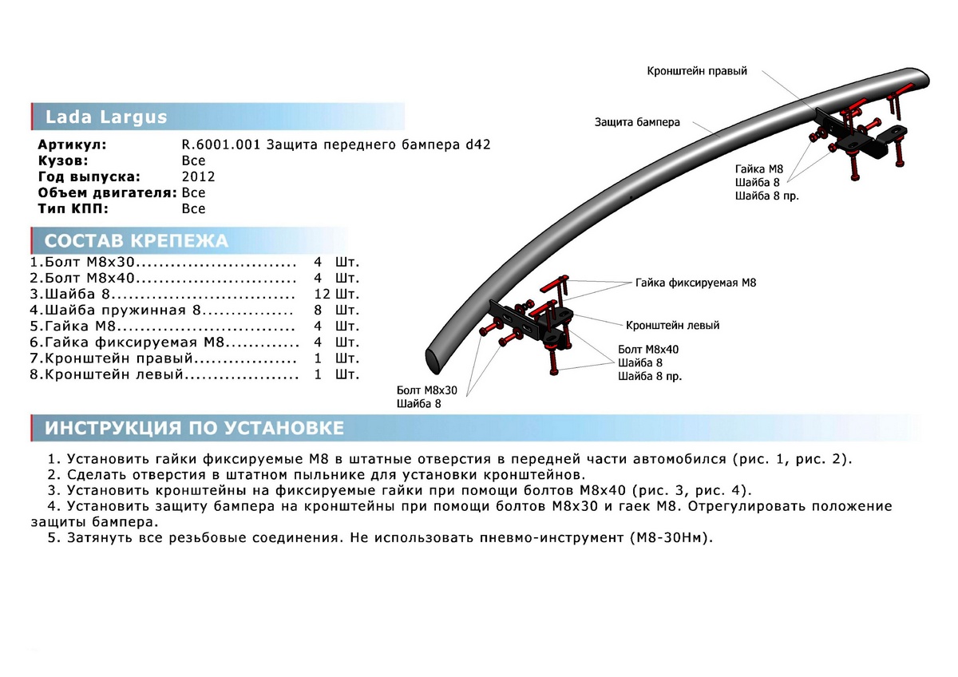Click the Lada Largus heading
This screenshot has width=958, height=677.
click(106, 117)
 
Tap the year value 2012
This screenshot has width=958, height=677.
click(198, 176)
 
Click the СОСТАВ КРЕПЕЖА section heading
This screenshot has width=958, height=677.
click(136, 241)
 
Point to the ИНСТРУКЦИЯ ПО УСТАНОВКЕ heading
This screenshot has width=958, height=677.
click(194, 428)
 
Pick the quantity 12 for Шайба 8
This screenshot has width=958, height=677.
click(323, 293)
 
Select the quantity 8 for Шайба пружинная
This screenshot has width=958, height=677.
click(318, 310)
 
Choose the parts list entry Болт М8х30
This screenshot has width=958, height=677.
click(84, 261)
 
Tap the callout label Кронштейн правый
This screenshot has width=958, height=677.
click(696, 71)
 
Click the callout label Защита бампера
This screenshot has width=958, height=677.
click(636, 122)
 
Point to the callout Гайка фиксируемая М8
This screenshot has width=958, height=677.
click(695, 283)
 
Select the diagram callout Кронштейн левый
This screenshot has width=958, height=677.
click(672, 326)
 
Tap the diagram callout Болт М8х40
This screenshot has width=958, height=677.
click(648, 350)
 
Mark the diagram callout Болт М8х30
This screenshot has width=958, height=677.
click(426, 390)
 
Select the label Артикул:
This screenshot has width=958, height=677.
click(71, 145)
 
